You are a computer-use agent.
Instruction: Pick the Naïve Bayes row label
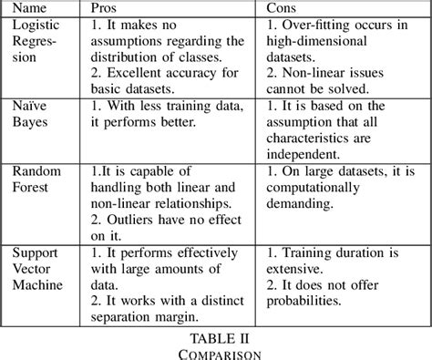click(30, 115)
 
